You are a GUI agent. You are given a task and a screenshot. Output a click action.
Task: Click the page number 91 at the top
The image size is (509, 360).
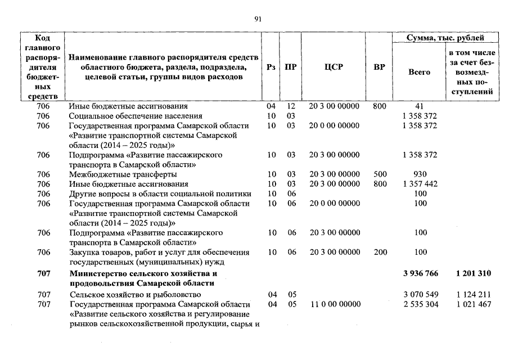coord(258,19)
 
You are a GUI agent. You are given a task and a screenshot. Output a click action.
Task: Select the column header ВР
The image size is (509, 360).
coord(380,67)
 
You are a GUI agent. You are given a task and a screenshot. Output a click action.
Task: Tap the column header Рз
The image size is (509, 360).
coord(271,67)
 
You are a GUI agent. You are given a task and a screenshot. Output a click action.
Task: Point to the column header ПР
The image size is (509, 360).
coord(291,67)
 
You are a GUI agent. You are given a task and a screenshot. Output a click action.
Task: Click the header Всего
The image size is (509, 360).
coord(420,72)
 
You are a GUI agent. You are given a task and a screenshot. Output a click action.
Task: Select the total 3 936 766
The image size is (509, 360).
coord(420,274)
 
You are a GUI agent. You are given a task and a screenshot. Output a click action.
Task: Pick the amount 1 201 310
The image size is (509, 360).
coord(473,274)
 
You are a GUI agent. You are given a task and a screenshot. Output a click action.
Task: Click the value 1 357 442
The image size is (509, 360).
coord(420,184)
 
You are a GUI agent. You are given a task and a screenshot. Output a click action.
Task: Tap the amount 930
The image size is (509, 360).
coord(420,174)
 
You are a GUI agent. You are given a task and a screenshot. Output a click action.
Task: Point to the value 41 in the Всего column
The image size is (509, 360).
coord(420,106)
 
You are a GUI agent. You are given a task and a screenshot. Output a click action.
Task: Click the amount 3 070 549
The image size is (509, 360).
coord(420,295)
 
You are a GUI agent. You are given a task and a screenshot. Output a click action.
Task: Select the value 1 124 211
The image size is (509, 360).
coord(473,295)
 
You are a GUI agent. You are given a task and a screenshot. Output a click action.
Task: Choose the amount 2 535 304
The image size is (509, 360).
coord(420,304)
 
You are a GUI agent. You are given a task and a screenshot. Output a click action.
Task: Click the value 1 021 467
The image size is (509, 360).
coord(473,304)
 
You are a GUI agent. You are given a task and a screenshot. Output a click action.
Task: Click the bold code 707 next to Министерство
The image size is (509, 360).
coord(43,274)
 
